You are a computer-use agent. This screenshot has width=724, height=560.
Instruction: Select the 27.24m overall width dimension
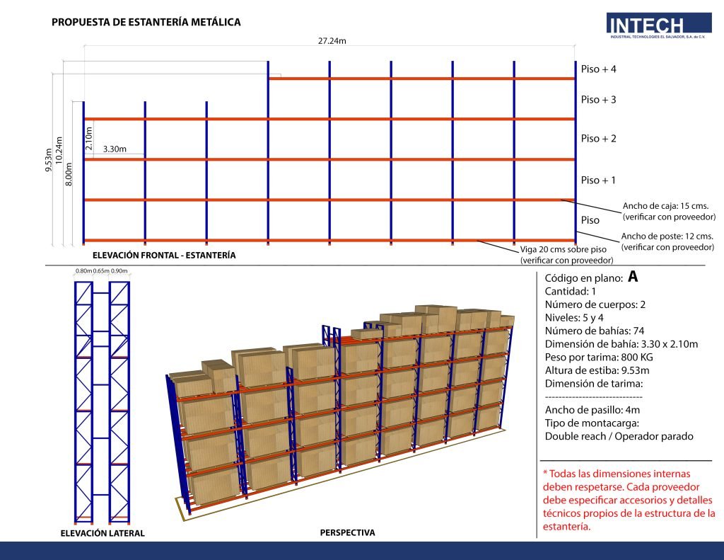[x=332, y=41]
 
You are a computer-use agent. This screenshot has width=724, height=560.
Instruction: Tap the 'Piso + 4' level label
[x=598, y=69]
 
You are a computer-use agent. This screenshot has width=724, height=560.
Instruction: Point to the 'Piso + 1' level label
[x=598, y=181]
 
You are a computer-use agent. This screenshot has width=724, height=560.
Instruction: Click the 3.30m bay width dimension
[x=115, y=149]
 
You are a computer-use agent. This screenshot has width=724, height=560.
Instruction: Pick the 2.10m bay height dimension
[x=89, y=138]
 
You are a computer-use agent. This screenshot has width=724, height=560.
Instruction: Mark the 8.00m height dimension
[x=69, y=174]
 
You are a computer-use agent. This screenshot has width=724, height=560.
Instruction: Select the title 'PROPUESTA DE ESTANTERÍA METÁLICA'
[x=146, y=22]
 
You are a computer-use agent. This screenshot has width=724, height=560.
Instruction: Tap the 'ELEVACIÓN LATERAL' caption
[x=103, y=533]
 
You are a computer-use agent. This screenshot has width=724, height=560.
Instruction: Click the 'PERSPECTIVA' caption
[x=347, y=532]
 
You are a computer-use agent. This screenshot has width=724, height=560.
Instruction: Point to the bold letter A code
[x=633, y=277]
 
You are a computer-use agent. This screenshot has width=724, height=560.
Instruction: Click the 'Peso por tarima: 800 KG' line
[x=607, y=358]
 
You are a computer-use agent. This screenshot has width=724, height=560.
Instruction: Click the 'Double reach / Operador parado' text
[x=619, y=436]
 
